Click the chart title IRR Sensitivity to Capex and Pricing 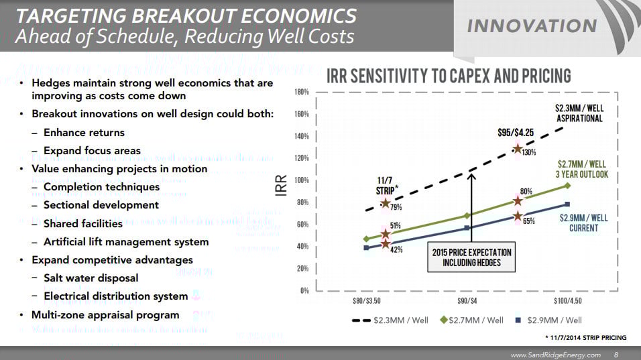(448, 76)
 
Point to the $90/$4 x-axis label (467, 301)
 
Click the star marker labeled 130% (518, 149)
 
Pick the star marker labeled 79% (386, 203)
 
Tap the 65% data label (528, 221)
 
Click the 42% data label (396, 249)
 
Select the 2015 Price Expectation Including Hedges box (472, 257)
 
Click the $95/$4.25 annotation (516, 132)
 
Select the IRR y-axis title (282, 186)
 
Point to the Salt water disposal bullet (91, 278)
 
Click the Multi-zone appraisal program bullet (105, 314)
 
